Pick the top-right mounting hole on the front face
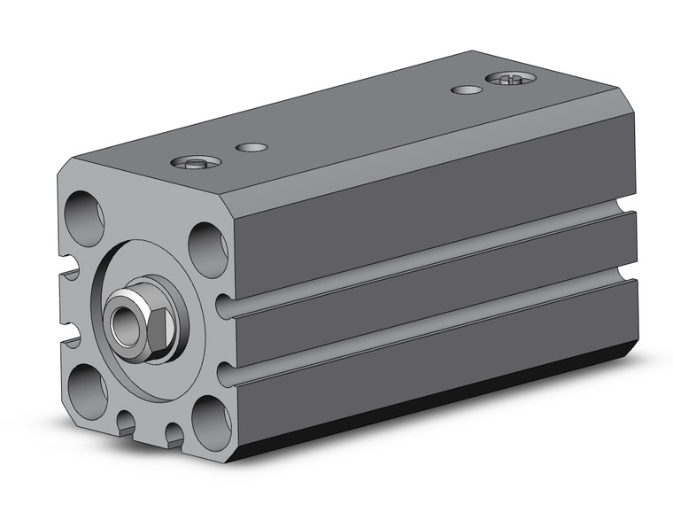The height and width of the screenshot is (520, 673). pyautogui.click(x=207, y=248)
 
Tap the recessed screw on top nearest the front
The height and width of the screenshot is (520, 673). pyautogui.click(x=190, y=162)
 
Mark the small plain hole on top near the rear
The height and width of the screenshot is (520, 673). pyautogui.click(x=467, y=89)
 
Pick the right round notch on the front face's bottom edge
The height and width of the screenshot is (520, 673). pyautogui.click(x=174, y=433)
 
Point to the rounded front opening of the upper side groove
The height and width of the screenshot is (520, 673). pyautogui.click(x=227, y=309)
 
